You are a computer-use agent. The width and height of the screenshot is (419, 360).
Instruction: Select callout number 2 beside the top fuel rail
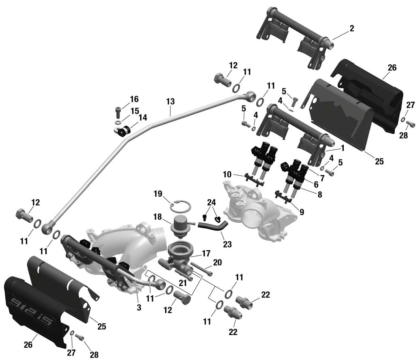point(351,28)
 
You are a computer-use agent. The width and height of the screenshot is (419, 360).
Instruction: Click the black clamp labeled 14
point(123,131)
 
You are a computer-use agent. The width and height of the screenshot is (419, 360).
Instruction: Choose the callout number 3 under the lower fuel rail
point(139,307)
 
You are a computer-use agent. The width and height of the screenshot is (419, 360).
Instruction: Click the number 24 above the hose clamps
point(211,202)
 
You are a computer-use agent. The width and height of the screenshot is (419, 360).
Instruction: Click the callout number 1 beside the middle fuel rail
point(342,149)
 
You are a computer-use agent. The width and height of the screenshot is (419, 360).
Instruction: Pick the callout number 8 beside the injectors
point(320,194)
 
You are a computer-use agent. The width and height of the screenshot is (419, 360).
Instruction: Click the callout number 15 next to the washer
point(134,110)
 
